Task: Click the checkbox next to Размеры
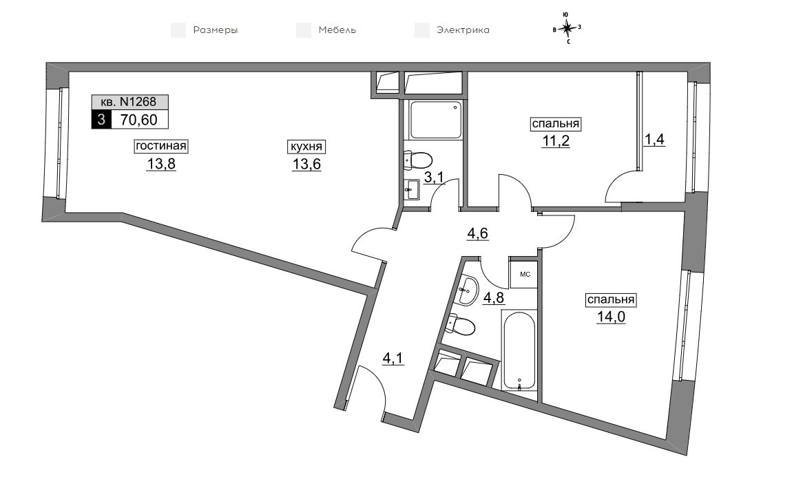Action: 178,30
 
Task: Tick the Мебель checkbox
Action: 304,30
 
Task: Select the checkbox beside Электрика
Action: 422,30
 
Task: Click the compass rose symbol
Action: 567,28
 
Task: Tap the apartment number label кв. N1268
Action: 130,102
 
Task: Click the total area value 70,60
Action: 139,120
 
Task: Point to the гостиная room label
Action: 160,146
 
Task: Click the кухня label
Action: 306,147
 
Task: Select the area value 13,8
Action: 161,164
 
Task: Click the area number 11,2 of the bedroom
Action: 556,141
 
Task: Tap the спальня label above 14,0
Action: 611,299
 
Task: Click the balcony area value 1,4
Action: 654,139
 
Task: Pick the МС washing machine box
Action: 524,274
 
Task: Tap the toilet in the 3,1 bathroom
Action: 418,160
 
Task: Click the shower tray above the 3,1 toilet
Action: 436,120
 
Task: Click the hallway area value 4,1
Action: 393,358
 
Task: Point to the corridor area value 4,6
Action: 477,233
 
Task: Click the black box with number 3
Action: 101,120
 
